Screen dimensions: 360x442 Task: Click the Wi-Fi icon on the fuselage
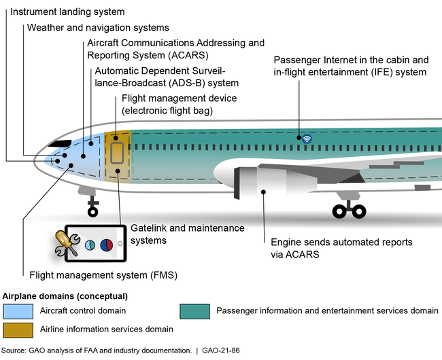[307, 139]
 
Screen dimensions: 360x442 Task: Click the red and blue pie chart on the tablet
[107, 245]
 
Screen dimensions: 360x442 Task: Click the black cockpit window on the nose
[62, 143]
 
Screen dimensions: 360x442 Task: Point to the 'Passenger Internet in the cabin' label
[350, 60]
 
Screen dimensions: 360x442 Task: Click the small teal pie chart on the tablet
[89, 245]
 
